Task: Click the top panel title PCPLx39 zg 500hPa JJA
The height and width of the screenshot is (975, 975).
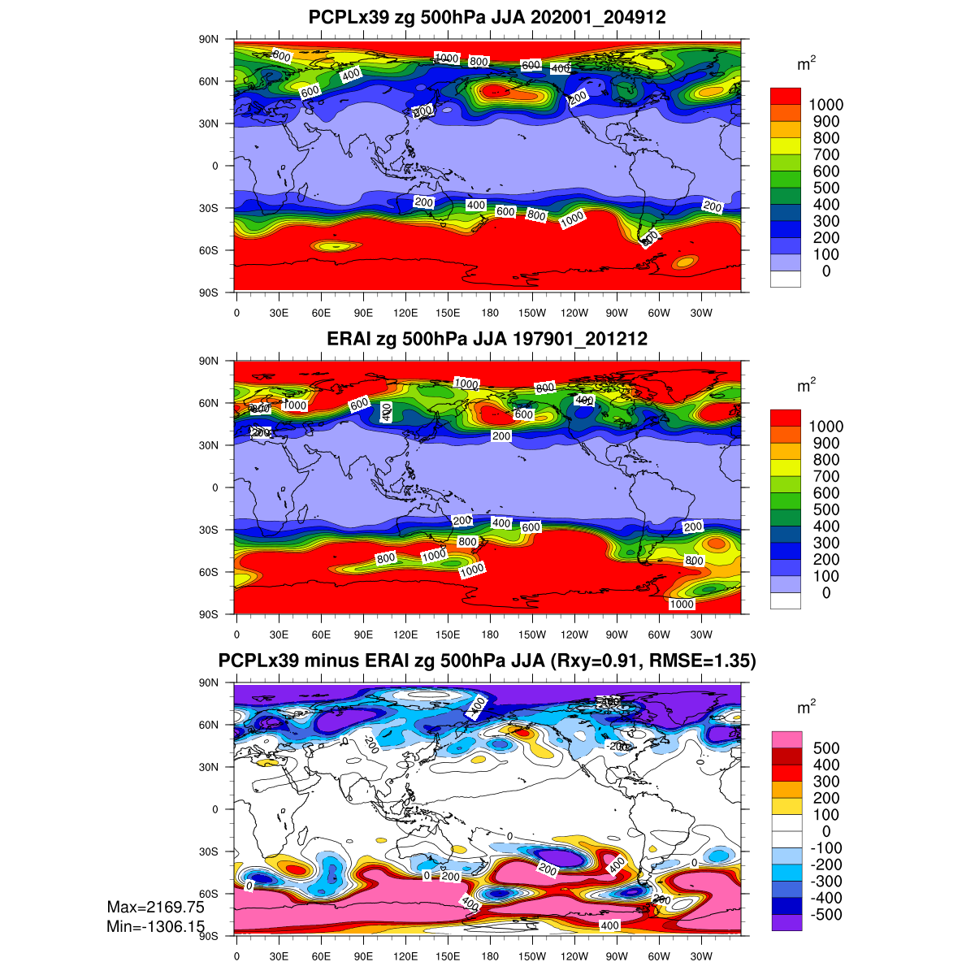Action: pyautogui.click(x=487, y=17)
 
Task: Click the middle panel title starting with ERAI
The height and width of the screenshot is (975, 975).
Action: pyautogui.click(x=487, y=339)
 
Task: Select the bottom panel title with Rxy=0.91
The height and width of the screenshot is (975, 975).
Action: pyautogui.click(x=487, y=661)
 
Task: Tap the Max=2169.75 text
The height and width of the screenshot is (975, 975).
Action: pyautogui.click(x=155, y=907)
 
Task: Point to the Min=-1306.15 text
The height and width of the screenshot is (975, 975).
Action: pyautogui.click(x=155, y=926)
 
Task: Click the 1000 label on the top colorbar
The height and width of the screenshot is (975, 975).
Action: pyautogui.click(x=825, y=105)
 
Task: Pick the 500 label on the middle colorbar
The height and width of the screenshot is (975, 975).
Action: pyautogui.click(x=825, y=509)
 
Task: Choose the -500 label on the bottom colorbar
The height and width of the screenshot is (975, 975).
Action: pyautogui.click(x=825, y=915)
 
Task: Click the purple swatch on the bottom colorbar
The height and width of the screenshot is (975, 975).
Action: pyautogui.click(x=786, y=922)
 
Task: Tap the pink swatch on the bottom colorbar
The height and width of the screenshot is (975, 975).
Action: pyautogui.click(x=786, y=739)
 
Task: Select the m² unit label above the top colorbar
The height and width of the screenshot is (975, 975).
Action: pyautogui.click(x=806, y=66)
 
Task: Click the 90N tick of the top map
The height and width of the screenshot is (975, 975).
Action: pyautogui.click(x=210, y=39)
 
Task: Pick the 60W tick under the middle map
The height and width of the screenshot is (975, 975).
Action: pyautogui.click(x=659, y=635)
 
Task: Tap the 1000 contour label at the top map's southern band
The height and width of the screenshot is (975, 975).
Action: pyautogui.click(x=572, y=219)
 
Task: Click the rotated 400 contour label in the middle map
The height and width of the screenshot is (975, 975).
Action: pyautogui.click(x=387, y=412)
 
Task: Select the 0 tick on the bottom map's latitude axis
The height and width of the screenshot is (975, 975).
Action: pyautogui.click(x=215, y=809)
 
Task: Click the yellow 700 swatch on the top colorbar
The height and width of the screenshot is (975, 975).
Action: pyautogui.click(x=786, y=145)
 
